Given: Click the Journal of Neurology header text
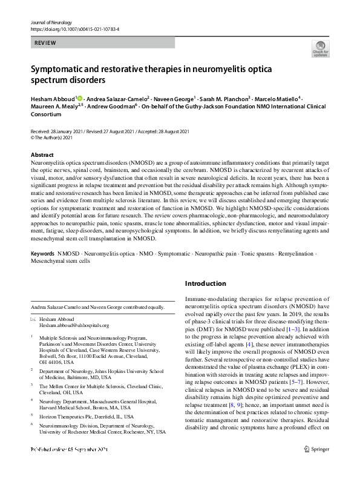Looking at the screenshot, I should click(51, 22).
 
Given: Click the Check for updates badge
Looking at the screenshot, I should click(320, 48).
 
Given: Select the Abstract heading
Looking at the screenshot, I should click(42, 155).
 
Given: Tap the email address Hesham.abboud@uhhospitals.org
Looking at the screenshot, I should click(74, 325).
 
